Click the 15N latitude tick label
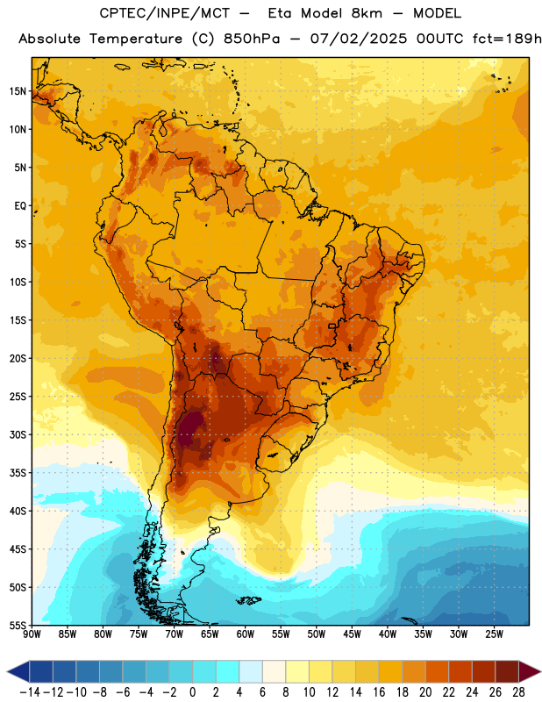(x=18, y=91)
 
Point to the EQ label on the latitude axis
(x=20, y=206)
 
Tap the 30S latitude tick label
(x=18, y=434)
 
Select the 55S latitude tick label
(x=18, y=626)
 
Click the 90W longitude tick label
(x=32, y=634)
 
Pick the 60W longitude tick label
(x=246, y=634)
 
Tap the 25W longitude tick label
(x=494, y=634)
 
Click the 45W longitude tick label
(x=352, y=634)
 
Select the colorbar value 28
(x=518, y=692)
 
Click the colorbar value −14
(x=30, y=692)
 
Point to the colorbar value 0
(x=192, y=692)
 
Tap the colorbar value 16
(x=379, y=692)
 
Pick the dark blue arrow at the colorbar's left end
(x=18, y=671)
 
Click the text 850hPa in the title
(x=251, y=39)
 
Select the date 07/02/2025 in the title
(x=359, y=39)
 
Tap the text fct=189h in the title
(x=507, y=39)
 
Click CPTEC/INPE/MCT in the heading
(x=164, y=13)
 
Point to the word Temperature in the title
(x=136, y=39)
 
